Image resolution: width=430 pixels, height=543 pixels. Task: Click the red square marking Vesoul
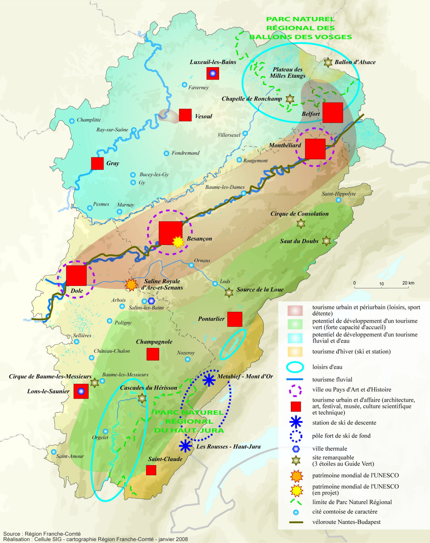(185, 115)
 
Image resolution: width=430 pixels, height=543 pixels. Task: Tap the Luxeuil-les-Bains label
(213, 62)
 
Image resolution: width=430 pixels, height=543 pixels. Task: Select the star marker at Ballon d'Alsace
(328, 63)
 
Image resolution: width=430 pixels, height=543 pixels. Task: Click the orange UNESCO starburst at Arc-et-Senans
(131, 285)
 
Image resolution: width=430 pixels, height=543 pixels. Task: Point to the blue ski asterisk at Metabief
(209, 380)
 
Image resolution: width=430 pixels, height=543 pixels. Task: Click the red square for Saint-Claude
(151, 470)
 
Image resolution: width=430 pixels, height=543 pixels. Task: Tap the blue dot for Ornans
(191, 265)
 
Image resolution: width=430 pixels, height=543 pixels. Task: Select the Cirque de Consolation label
(299, 214)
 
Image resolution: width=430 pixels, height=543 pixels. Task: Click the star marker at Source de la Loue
(229, 292)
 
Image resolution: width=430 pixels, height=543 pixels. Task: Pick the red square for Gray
(97, 163)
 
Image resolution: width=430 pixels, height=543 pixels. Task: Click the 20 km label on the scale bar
(408, 283)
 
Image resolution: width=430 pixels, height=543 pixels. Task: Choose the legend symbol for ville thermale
(296, 449)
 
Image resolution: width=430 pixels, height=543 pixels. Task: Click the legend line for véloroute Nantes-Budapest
(296, 522)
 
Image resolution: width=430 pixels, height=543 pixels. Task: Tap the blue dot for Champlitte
(72, 121)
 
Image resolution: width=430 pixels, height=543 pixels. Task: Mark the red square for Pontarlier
(235, 319)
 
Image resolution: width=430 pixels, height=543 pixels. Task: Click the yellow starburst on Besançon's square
(178, 242)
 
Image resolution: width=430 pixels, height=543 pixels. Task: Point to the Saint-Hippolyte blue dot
(338, 200)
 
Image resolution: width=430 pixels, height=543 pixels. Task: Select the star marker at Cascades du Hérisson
(142, 398)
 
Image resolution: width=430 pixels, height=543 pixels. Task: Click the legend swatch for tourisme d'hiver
(295, 352)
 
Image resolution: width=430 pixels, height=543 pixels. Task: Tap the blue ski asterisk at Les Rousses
(185, 446)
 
